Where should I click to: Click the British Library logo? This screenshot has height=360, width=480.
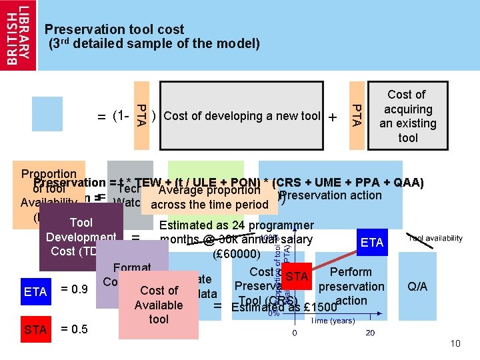(x=19, y=35)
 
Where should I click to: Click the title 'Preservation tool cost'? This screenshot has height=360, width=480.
(x=114, y=30)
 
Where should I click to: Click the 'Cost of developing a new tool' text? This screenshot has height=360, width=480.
(x=242, y=116)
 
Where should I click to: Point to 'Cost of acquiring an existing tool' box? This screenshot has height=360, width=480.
(x=407, y=116)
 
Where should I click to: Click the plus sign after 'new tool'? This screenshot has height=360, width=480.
(x=332, y=117)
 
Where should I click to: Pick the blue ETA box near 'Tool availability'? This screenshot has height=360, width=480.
(x=372, y=243)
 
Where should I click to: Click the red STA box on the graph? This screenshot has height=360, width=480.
(x=297, y=276)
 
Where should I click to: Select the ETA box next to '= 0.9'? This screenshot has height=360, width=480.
(x=35, y=291)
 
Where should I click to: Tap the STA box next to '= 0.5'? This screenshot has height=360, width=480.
(x=35, y=329)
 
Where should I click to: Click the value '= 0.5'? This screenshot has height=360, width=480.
(x=73, y=329)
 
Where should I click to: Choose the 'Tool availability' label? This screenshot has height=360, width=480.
(x=435, y=238)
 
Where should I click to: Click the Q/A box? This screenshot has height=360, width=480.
(x=418, y=287)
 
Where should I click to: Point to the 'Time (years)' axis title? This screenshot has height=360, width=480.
(x=333, y=320)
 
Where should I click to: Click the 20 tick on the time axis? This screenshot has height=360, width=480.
(x=370, y=333)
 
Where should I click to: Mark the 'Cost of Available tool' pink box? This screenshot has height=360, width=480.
(x=159, y=305)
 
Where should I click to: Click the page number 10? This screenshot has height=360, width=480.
(x=455, y=343)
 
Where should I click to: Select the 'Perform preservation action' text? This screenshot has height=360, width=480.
(x=351, y=286)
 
